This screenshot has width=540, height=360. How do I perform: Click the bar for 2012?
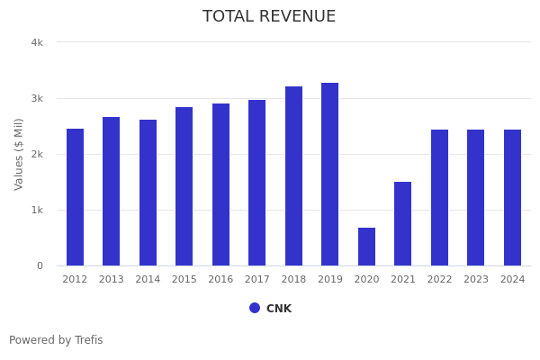75,197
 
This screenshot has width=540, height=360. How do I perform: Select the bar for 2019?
330,175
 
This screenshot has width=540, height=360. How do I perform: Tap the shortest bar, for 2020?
366,247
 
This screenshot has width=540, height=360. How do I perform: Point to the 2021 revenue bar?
403,224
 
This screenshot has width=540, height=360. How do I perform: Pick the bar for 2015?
184,186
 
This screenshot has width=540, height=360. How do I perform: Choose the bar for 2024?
512,198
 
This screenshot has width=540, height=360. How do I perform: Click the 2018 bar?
293,176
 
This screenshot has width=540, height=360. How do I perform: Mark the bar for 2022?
439,198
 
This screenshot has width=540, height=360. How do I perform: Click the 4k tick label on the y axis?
37,42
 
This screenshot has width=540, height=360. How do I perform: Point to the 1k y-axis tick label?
37,210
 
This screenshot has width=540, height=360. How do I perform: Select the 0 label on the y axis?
40,265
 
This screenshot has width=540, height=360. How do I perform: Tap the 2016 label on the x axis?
220,280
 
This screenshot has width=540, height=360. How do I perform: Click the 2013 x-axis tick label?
112,280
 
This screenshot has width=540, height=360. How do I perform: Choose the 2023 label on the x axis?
476,280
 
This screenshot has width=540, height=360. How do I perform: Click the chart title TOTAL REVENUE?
269,17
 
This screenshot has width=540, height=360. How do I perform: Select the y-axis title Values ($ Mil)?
20,154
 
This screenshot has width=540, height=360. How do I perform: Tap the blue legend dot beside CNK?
255,308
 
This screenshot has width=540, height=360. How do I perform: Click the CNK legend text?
279,309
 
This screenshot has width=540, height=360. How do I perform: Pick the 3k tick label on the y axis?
37,98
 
